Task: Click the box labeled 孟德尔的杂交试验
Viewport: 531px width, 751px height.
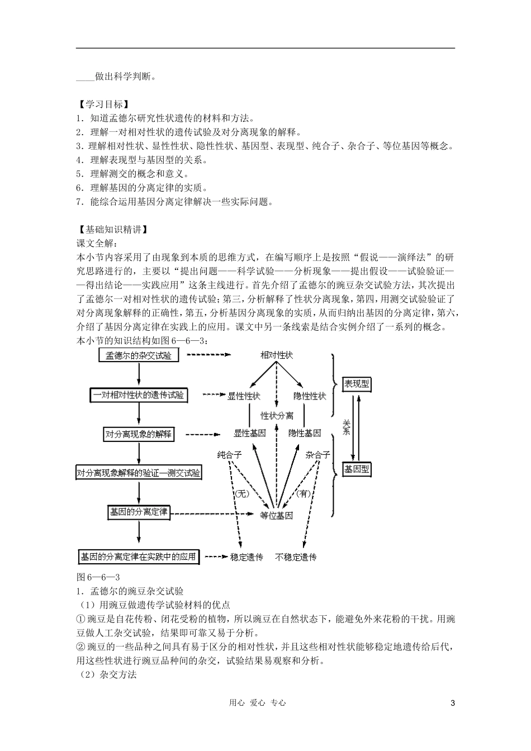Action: (x=138, y=355)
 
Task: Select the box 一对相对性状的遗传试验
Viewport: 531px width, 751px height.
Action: (x=138, y=395)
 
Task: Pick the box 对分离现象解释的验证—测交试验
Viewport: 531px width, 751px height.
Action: (x=139, y=473)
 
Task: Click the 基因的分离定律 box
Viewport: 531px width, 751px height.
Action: (x=138, y=511)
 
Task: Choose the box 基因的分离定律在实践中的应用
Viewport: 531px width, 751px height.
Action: (x=138, y=557)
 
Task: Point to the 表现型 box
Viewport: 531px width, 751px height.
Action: (x=356, y=384)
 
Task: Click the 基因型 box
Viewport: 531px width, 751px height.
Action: (x=356, y=469)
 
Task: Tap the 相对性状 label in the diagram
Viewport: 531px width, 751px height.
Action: (x=277, y=355)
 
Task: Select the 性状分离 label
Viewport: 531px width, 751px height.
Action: (x=277, y=416)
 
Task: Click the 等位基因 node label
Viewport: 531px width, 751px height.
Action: (x=277, y=516)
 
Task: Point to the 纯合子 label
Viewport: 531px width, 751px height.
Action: (x=229, y=455)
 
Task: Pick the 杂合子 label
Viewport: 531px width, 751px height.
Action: (x=317, y=455)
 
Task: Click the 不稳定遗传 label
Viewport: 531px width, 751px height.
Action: (x=296, y=557)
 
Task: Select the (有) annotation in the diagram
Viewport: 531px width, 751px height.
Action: (x=304, y=493)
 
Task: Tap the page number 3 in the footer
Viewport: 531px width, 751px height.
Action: (x=453, y=703)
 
